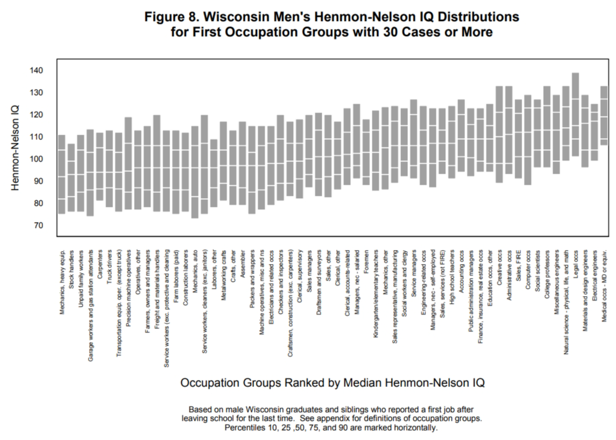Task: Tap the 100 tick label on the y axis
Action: [x=37, y=159]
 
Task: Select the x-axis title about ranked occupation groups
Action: [x=332, y=383]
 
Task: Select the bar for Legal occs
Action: [x=575, y=115]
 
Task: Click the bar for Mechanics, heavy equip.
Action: [x=62, y=174]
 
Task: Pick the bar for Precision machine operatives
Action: [x=128, y=163]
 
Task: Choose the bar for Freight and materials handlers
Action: [x=157, y=163]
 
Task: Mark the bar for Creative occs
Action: [x=499, y=134]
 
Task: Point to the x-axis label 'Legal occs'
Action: [x=576, y=265]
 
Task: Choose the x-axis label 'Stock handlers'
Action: [x=72, y=269]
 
